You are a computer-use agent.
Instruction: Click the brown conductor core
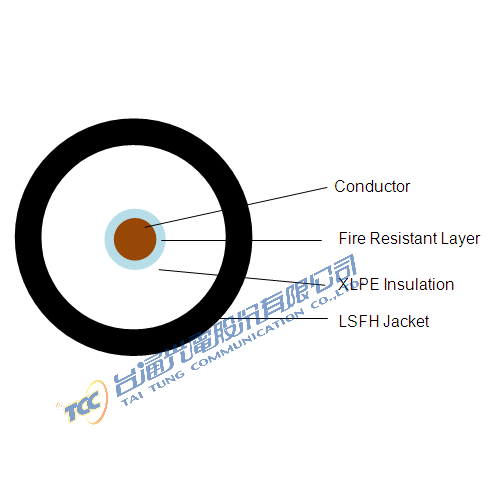click(135, 239)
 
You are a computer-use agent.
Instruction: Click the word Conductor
click(372, 186)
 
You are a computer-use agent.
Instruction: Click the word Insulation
click(419, 285)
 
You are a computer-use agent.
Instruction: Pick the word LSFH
click(359, 322)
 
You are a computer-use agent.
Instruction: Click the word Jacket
click(406, 322)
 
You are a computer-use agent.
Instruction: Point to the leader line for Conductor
click(236, 207)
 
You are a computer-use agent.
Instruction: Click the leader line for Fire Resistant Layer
click(241, 240)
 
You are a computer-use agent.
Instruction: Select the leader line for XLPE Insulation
click(242, 277)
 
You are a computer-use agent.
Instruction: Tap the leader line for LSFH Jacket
click(273, 318)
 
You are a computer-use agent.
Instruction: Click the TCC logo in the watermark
click(83, 402)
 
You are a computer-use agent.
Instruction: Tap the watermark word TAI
click(132, 398)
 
